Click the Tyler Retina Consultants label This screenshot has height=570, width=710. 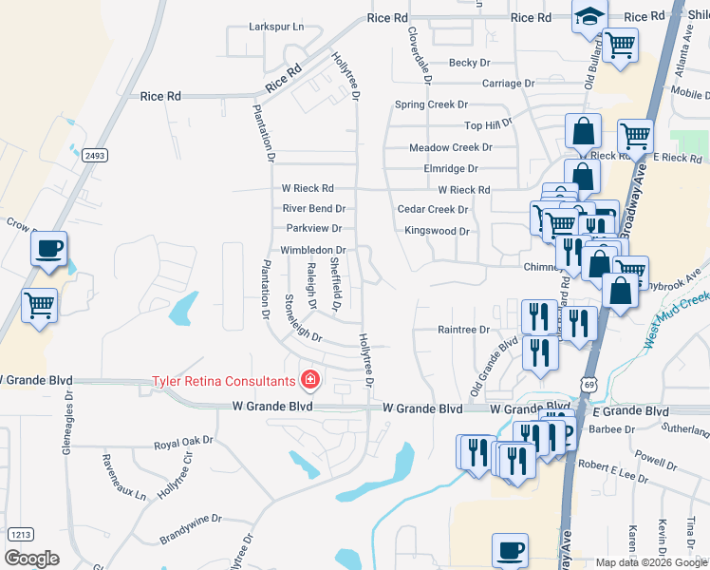click(x=224, y=382)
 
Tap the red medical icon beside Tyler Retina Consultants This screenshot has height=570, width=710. click(x=308, y=382)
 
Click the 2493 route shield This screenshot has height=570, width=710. click(x=93, y=156)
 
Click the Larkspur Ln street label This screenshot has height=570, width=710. click(x=276, y=28)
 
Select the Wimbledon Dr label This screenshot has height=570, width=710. click(x=312, y=251)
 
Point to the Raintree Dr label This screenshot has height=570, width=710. click(x=463, y=330)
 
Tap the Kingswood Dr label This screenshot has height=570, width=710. click(x=438, y=231)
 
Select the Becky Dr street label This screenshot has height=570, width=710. click(x=469, y=63)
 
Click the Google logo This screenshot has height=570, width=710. click(x=32, y=559)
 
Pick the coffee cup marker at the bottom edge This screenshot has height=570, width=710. click(x=511, y=551)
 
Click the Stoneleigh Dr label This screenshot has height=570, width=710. click(x=302, y=319)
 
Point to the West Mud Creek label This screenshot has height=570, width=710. click(x=676, y=319)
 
